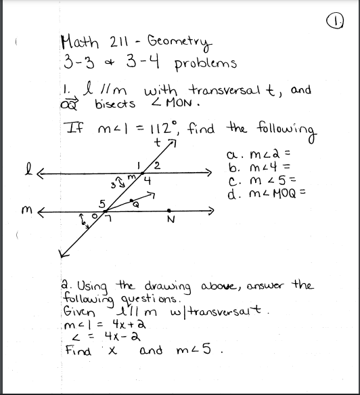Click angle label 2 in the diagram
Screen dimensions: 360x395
pos(156,166)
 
